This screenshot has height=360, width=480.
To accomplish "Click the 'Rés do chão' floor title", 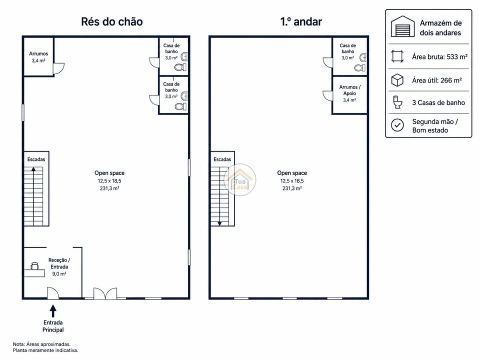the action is coord(111,21).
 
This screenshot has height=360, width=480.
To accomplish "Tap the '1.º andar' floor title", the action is coord(301,21).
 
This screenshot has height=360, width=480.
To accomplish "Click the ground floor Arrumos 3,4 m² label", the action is coord(38,57).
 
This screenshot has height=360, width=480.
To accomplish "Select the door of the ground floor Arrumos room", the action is coord(59,68).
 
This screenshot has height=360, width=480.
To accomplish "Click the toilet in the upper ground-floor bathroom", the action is coord(180,67).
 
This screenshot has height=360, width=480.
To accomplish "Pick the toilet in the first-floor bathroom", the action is coord(359,67).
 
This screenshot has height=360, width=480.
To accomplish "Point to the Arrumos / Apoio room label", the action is coord(349,93).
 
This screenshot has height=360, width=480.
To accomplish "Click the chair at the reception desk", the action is coord(34,265).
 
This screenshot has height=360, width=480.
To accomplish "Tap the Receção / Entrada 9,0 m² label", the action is coord(59,267).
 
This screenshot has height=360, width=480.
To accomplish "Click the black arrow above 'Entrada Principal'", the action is coord(53,310).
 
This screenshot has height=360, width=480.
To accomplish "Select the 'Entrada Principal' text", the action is coord(53,326).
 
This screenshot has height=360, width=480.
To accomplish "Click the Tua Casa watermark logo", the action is coord(240,179).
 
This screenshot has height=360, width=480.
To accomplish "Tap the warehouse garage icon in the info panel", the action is coord(402,26).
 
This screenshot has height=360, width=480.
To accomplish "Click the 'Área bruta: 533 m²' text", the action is coord(439,56).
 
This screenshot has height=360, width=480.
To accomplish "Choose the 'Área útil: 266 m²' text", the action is coord(437,80).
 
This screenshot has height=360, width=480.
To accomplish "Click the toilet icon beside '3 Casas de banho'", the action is coord(397,102).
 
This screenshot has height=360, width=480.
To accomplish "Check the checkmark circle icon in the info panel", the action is coord(397,125).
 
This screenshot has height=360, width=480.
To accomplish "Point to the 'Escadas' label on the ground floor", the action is coord(36,159).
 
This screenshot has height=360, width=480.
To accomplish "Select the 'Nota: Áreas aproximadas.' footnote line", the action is coord(41,344).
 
